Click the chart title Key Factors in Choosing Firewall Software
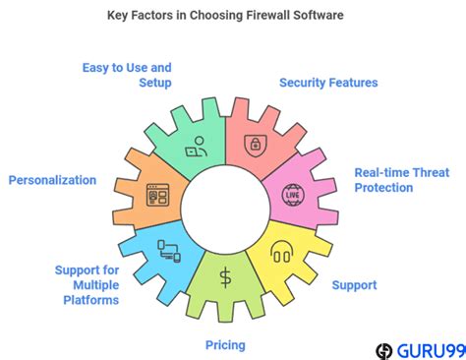(x=233, y=17)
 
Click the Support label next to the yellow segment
(x=353, y=285)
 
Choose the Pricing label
(x=225, y=344)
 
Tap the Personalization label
(x=52, y=180)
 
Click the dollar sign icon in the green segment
(x=226, y=277)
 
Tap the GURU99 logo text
(x=426, y=349)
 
